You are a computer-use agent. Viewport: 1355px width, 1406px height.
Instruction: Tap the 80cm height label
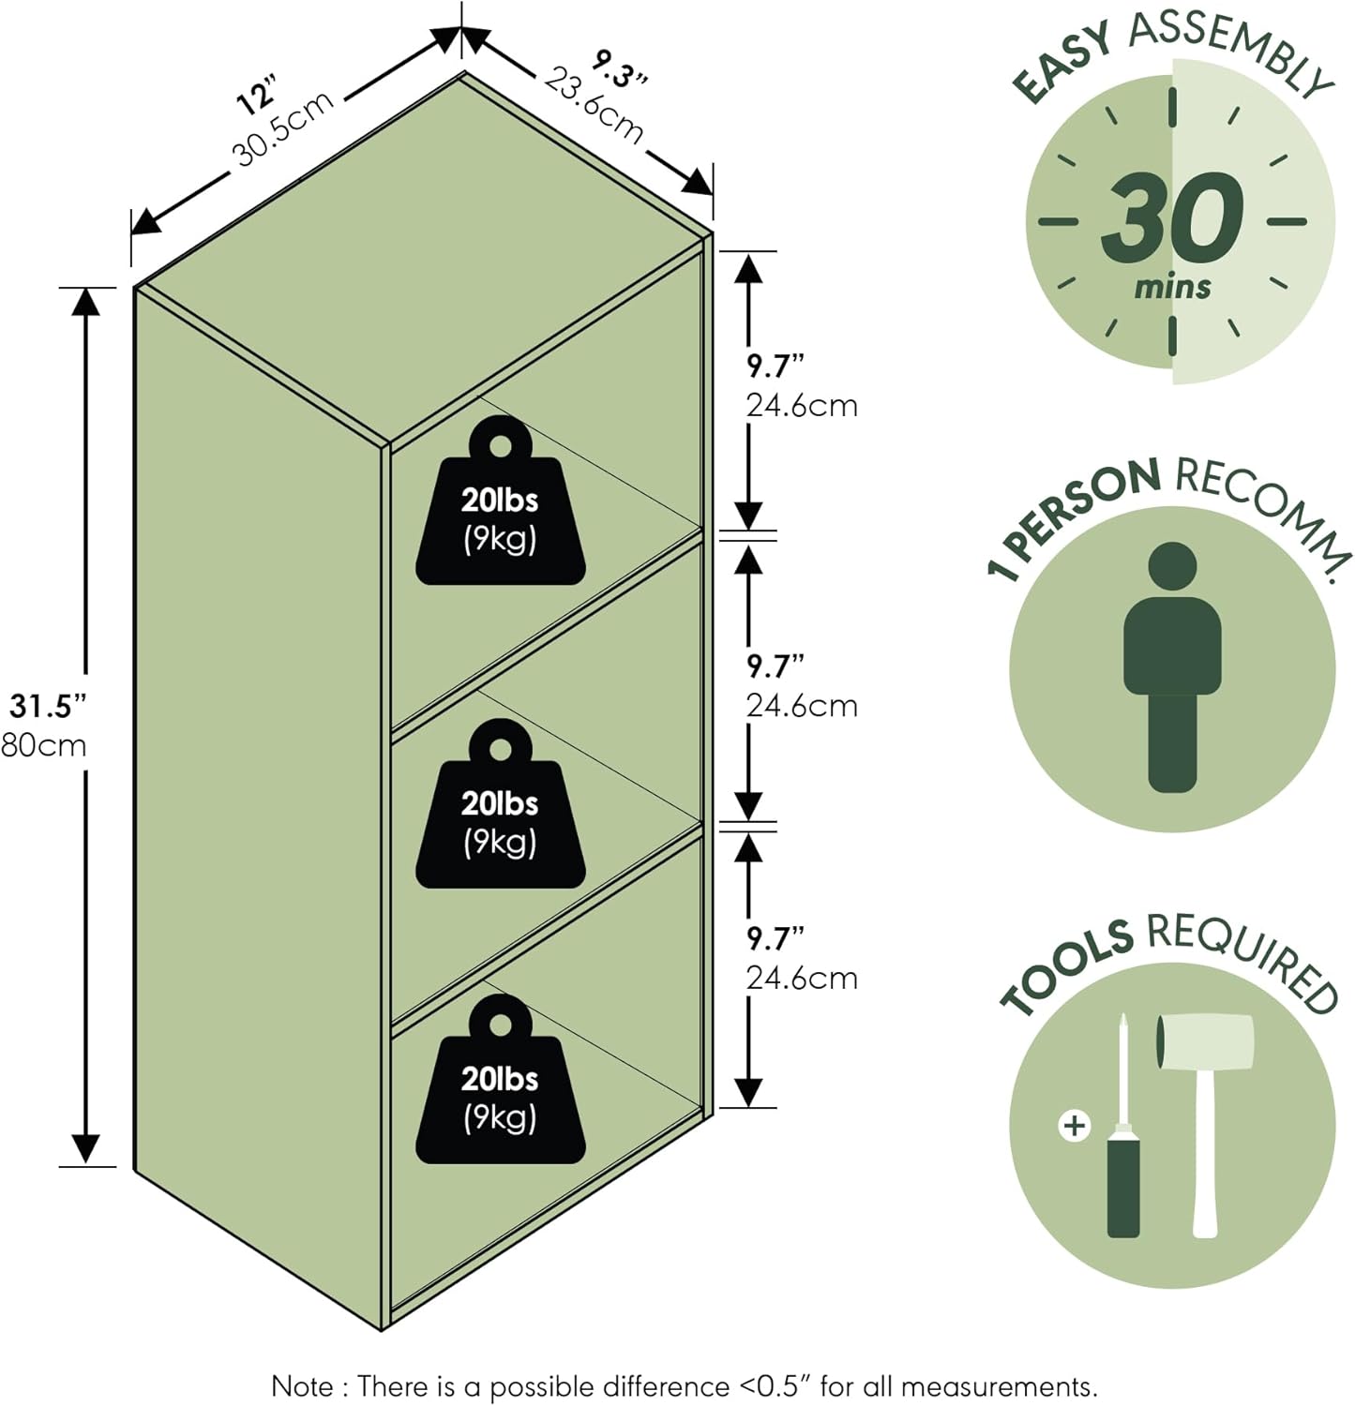pyautogui.click(x=43, y=745)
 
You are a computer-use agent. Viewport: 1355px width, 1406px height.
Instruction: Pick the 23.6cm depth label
pyautogui.click(x=594, y=105)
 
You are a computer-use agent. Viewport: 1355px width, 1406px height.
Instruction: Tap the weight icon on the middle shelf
pyautogui.click(x=500, y=806)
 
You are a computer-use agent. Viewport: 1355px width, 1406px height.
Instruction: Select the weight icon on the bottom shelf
pyautogui.click(x=500, y=1082)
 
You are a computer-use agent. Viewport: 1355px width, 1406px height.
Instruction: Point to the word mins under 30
pyautogui.click(x=1172, y=286)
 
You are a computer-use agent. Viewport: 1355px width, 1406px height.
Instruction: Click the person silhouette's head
pyautogui.click(x=1172, y=568)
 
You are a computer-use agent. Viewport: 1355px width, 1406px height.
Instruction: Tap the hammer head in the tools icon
pyautogui.click(x=1205, y=1040)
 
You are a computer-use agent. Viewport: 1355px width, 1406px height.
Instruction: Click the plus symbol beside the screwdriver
pyautogui.click(x=1074, y=1124)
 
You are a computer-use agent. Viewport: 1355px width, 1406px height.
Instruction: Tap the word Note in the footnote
pyautogui.click(x=301, y=1385)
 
